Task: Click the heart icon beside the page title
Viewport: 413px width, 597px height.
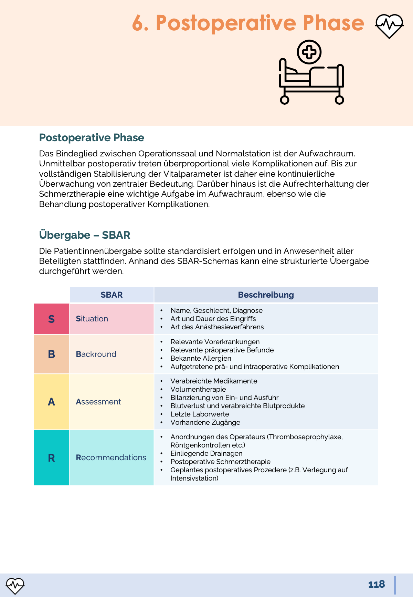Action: (389, 26)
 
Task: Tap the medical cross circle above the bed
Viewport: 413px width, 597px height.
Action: (309, 52)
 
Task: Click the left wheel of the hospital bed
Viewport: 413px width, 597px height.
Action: (285, 100)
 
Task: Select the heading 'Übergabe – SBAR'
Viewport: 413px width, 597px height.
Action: (85, 235)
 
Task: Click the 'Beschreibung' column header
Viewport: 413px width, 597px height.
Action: (266, 295)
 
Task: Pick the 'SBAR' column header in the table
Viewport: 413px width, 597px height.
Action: (112, 295)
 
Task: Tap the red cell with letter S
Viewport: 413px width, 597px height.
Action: (51, 319)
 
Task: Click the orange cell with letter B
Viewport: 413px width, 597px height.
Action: (51, 354)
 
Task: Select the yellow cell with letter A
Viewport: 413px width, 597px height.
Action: (51, 402)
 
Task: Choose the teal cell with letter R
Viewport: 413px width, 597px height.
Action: (51, 458)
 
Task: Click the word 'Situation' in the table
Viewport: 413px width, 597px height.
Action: (92, 319)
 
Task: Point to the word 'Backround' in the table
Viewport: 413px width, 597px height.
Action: (96, 354)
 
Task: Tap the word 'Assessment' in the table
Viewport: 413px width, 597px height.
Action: (98, 402)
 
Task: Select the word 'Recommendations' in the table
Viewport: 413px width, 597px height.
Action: (111, 458)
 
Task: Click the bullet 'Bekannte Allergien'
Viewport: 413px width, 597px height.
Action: (201, 358)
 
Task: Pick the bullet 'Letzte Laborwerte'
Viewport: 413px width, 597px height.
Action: (200, 414)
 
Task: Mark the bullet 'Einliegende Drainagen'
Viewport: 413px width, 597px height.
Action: (206, 453)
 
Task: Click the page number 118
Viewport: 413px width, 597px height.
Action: (377, 584)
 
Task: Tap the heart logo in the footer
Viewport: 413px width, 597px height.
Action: (15, 586)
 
